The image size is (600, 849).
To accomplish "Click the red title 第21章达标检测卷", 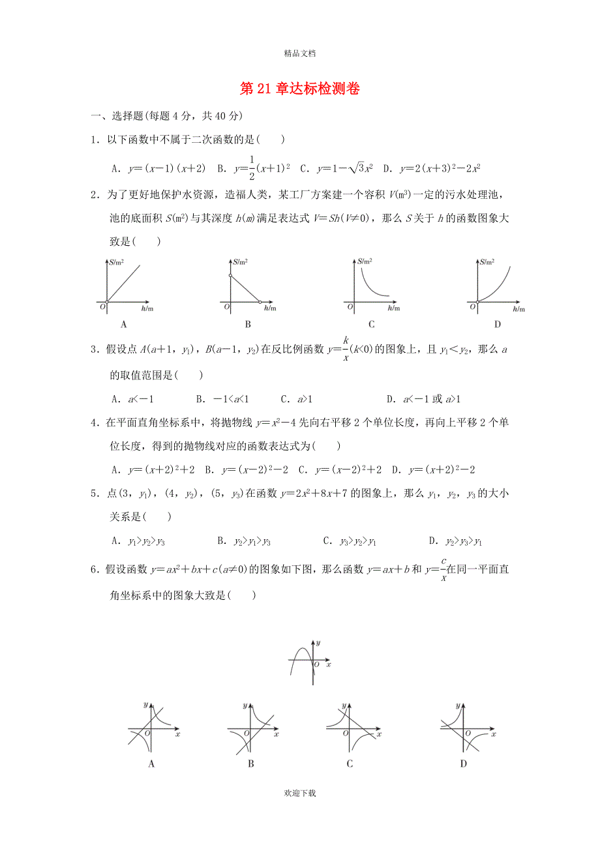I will [300, 89].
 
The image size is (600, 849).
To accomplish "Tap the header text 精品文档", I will [301, 55].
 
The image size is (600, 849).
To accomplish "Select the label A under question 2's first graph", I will [124, 324].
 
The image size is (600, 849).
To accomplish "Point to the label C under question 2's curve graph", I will [372, 324].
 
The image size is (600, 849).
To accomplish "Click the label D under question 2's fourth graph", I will [497, 324].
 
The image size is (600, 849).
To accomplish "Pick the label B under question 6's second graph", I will [251, 764].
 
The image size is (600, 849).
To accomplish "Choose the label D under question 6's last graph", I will [463, 764].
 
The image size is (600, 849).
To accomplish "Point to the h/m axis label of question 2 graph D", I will [519, 308].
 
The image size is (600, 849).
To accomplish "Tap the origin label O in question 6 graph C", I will [346, 734].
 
